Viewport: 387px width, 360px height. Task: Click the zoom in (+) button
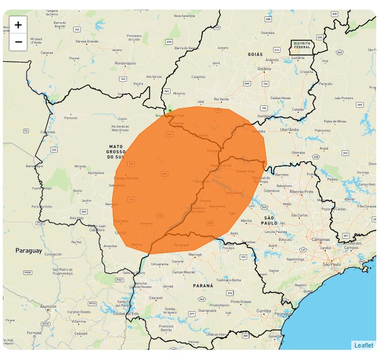click(18, 25)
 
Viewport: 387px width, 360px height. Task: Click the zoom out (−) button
click(18, 42)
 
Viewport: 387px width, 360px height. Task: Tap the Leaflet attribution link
click(363, 345)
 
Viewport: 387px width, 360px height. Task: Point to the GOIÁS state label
click(256, 54)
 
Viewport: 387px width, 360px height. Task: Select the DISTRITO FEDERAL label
click(301, 45)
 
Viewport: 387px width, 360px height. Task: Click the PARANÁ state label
click(203, 286)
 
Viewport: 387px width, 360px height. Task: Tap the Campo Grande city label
click(126, 178)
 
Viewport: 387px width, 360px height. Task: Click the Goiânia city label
click(264, 69)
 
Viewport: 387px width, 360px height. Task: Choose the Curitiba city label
click(263, 311)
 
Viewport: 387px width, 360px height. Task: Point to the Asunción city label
click(48, 306)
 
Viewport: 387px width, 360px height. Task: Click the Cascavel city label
click(155, 298)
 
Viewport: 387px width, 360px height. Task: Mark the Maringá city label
click(195, 255)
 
